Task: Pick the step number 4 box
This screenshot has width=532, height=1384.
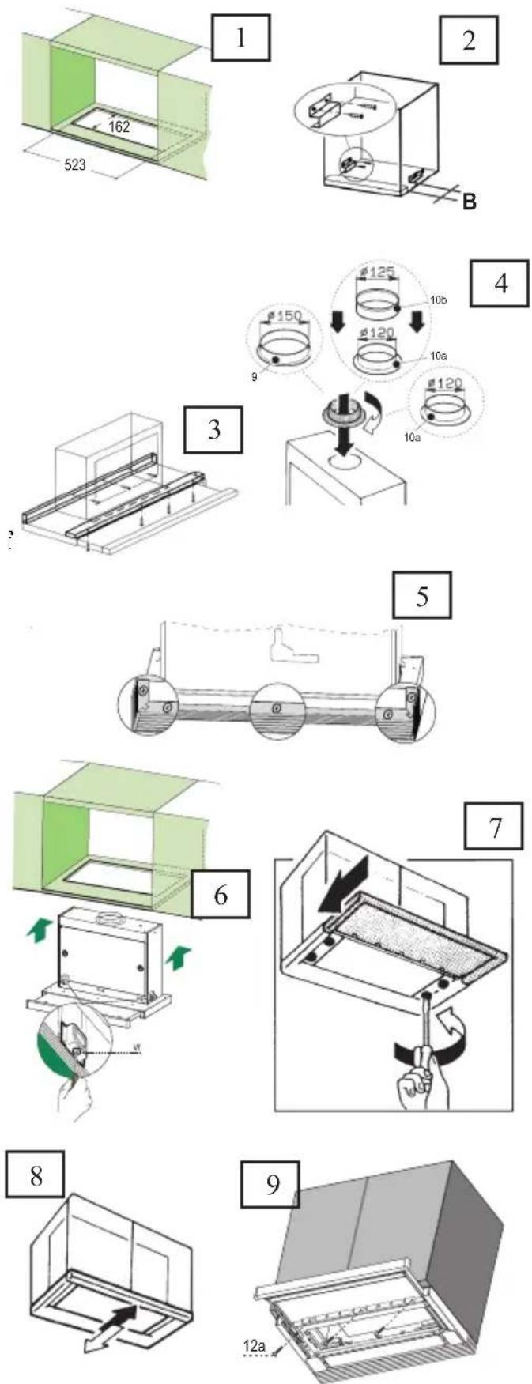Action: pos(500,282)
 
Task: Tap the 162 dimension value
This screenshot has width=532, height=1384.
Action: pos(119,126)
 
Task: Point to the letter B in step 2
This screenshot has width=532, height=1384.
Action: pos(469,203)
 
